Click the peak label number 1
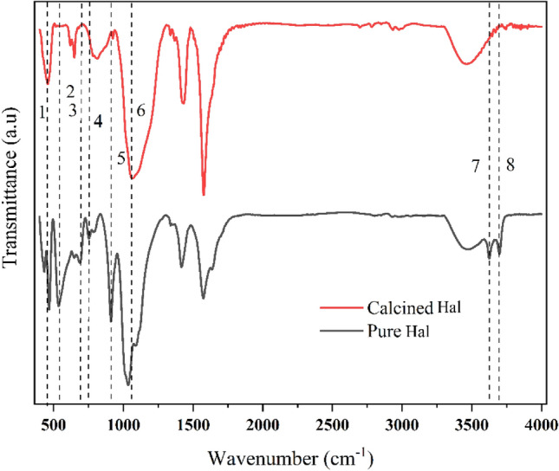click(41, 112)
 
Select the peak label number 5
click(121, 159)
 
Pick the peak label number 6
click(140, 111)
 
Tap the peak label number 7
click(476, 166)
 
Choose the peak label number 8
click(510, 166)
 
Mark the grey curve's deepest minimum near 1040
click(128, 384)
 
